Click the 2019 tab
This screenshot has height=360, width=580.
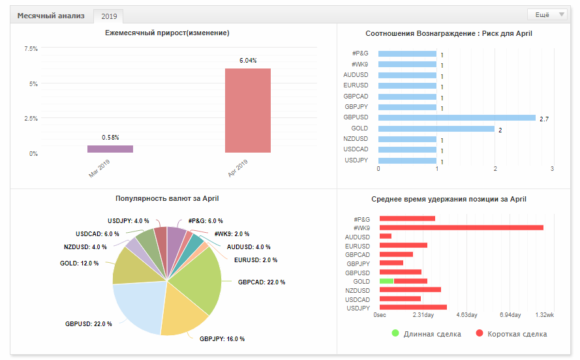pos(109,16)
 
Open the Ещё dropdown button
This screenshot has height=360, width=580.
pos(547,15)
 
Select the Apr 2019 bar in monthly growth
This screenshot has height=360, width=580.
pos(248,110)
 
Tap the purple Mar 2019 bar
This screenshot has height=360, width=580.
pos(110,149)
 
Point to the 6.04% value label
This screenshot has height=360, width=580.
pos(248,60)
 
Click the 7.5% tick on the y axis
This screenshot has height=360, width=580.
pos(31,49)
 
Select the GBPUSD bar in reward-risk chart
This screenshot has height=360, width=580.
pos(457,118)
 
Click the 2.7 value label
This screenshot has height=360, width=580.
pos(544,119)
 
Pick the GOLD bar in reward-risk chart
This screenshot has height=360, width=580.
pos(436,128)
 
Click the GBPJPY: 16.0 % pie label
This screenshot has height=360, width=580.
pos(222,339)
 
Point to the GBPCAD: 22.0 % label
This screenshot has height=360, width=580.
pos(262,282)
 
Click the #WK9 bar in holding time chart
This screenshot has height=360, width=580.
pos(462,228)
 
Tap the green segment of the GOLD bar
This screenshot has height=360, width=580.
pos(386,281)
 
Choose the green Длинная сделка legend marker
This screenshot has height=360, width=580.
pos(395,333)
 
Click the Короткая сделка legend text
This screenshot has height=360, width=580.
pos(517,334)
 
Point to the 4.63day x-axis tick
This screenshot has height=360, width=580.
pos(467,315)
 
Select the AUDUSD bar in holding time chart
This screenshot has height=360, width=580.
pos(386,236)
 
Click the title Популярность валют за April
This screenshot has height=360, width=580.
pos(167,198)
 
